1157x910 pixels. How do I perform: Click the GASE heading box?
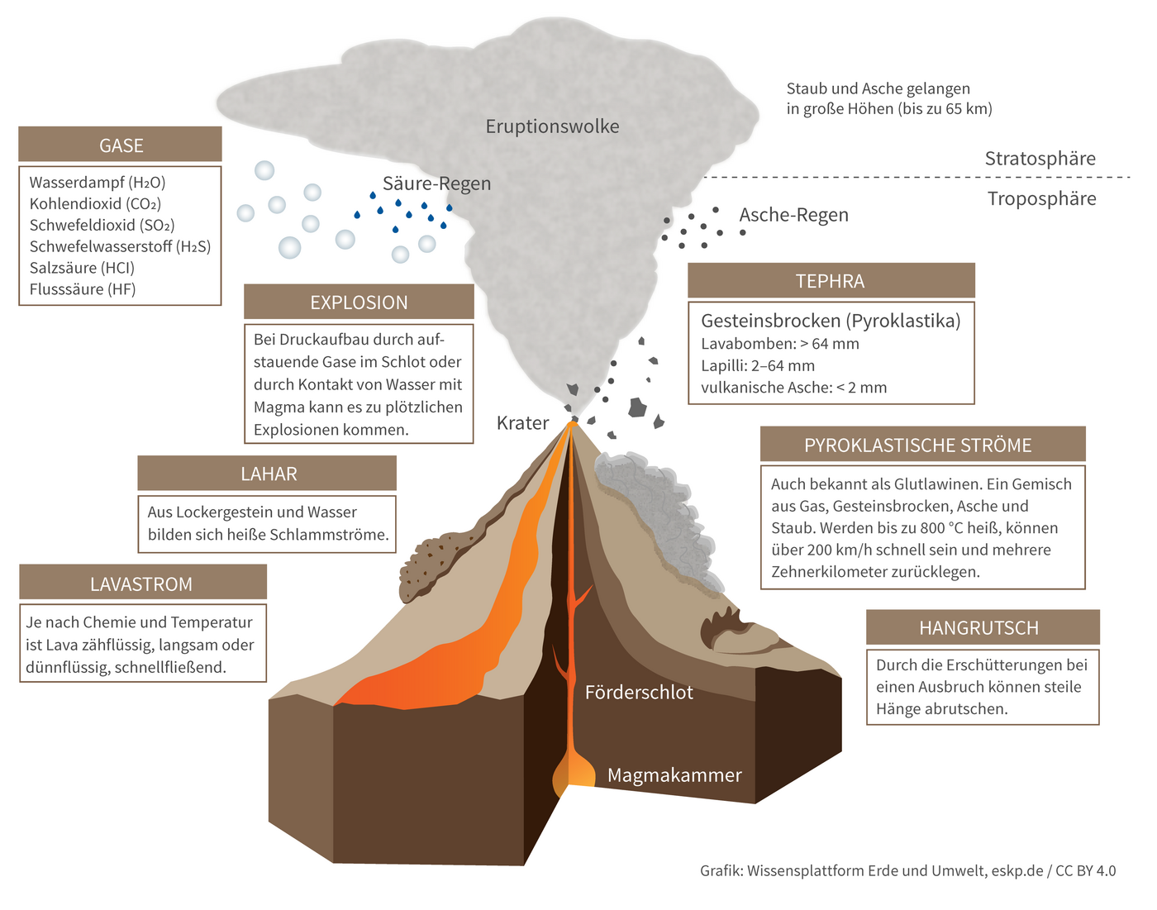[121, 145]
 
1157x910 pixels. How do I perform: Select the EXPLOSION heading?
[359, 303]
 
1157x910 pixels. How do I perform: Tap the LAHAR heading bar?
[268, 474]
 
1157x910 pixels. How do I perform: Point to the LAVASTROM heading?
[142, 584]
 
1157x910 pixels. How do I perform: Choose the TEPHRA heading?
[831, 281]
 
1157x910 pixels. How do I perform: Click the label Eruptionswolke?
[552, 126]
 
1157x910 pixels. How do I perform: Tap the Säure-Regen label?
[436, 183]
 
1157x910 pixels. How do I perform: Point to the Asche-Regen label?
[793, 215]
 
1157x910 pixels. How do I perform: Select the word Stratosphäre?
[1040, 159]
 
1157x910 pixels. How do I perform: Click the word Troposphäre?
[1041, 199]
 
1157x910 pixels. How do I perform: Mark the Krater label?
[522, 423]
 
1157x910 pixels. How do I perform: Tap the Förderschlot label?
[639, 693]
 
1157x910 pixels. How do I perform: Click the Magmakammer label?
[674, 775]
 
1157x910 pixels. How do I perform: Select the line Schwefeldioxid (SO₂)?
[102, 225]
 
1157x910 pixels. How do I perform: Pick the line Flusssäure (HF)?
[83, 289]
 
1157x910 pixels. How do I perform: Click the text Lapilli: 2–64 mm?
[758, 365]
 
